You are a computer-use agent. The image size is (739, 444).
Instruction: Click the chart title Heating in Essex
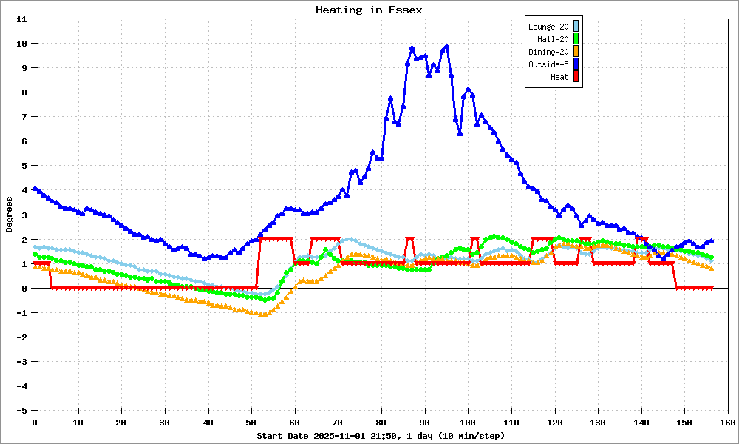click(369, 10)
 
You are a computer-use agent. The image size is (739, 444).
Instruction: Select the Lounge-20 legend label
click(548, 27)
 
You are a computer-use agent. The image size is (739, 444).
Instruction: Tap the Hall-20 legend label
click(553, 39)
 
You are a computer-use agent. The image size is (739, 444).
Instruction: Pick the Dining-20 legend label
click(548, 52)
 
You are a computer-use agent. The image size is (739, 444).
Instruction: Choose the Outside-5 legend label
click(548, 64)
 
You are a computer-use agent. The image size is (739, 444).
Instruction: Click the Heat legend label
click(559, 77)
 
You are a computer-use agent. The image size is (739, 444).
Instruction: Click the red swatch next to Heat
click(576, 76)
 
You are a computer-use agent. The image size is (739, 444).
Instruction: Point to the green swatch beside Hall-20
click(576, 38)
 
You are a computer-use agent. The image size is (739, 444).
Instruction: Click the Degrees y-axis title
click(10, 215)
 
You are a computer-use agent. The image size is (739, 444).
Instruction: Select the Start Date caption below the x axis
click(381, 436)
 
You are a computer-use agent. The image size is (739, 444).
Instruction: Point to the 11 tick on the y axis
click(23, 19)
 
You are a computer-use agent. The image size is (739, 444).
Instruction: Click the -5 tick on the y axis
click(23, 410)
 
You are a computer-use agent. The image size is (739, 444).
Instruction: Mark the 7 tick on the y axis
click(25, 117)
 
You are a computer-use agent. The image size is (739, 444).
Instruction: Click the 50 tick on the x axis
click(251, 422)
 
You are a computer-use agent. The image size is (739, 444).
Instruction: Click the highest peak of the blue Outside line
click(446, 47)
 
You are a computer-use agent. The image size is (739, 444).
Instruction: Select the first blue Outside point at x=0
click(35, 189)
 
